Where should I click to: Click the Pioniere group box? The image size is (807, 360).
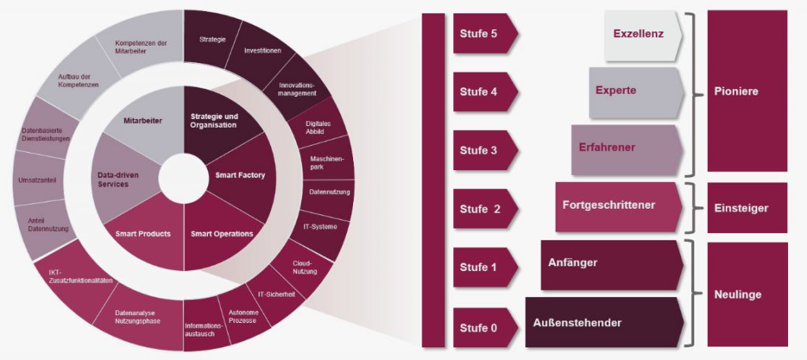coord(746,91)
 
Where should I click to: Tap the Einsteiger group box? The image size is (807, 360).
coord(746,208)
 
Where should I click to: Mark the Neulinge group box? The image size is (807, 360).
coord(746,294)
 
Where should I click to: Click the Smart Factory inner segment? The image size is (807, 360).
coord(240,175)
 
